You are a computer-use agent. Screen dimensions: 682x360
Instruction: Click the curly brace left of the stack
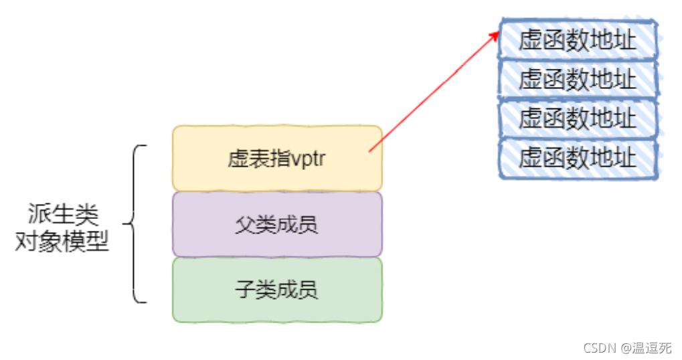coord(134,223)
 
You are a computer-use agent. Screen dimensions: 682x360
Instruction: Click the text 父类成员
coord(276,224)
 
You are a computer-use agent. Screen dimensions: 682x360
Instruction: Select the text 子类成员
coord(276,289)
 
